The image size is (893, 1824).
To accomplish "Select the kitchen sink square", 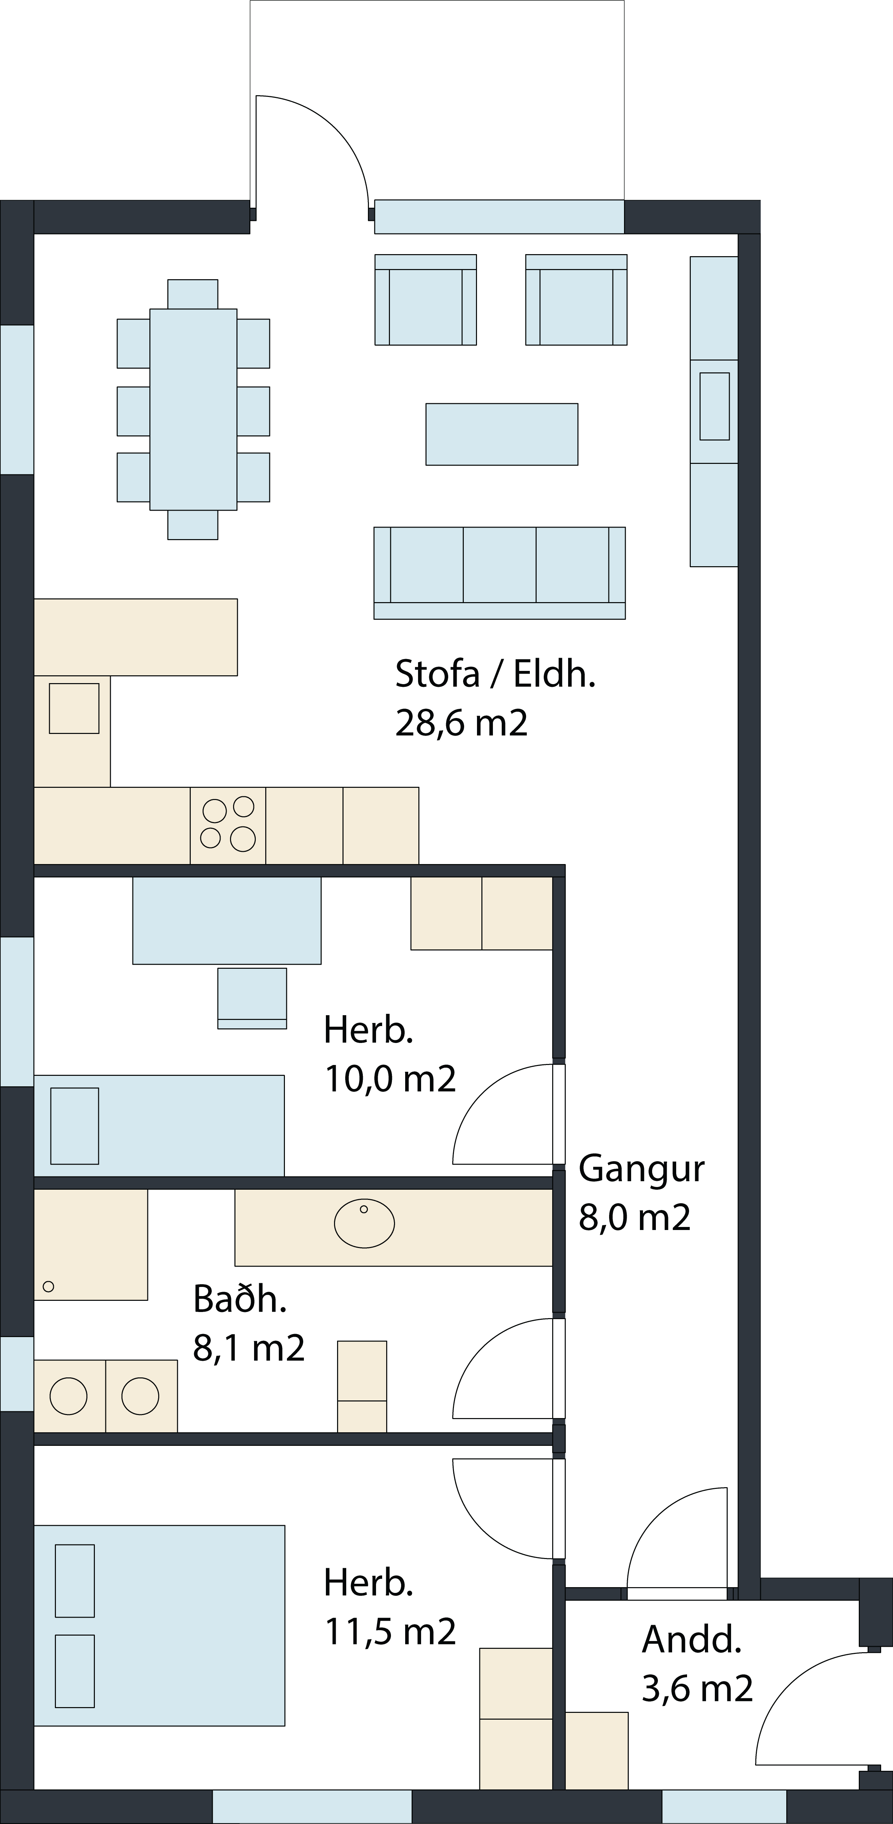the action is click(74, 708).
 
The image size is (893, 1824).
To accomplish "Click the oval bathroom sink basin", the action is click(365, 1223).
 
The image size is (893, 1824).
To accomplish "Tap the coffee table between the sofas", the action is click(501, 434).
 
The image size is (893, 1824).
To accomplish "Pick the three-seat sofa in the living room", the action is click(499, 573).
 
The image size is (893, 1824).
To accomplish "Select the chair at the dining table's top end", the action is click(193, 294).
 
